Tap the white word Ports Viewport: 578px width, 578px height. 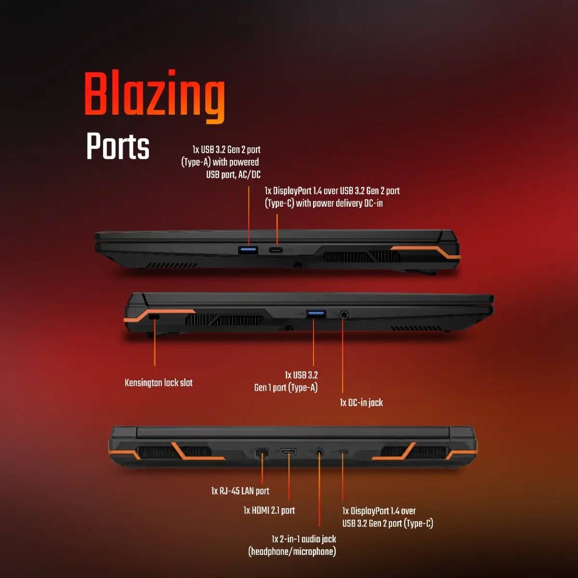(118, 146)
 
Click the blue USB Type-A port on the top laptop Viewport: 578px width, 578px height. (249, 250)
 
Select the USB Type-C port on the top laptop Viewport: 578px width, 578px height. (276, 250)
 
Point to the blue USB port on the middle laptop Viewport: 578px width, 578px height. (316, 315)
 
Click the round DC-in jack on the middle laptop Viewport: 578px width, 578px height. (344, 315)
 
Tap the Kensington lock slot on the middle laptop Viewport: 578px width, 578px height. (154, 317)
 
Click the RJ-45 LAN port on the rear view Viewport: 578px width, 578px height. (262, 453)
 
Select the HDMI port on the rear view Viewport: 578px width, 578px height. (288, 451)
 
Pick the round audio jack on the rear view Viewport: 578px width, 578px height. (319, 452)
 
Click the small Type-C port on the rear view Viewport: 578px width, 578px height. (343, 451)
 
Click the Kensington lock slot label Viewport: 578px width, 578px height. (158, 383)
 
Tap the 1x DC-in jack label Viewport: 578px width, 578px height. (361, 403)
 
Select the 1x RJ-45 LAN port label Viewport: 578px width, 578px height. (240, 491)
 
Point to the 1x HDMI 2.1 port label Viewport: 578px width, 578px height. (269, 510)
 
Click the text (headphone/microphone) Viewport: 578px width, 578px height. (292, 552)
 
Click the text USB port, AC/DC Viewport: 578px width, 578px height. (233, 174)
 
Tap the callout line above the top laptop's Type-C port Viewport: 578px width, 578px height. (277, 230)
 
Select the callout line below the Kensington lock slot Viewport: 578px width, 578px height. (155, 342)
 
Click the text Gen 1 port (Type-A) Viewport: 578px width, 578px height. (286, 388)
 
